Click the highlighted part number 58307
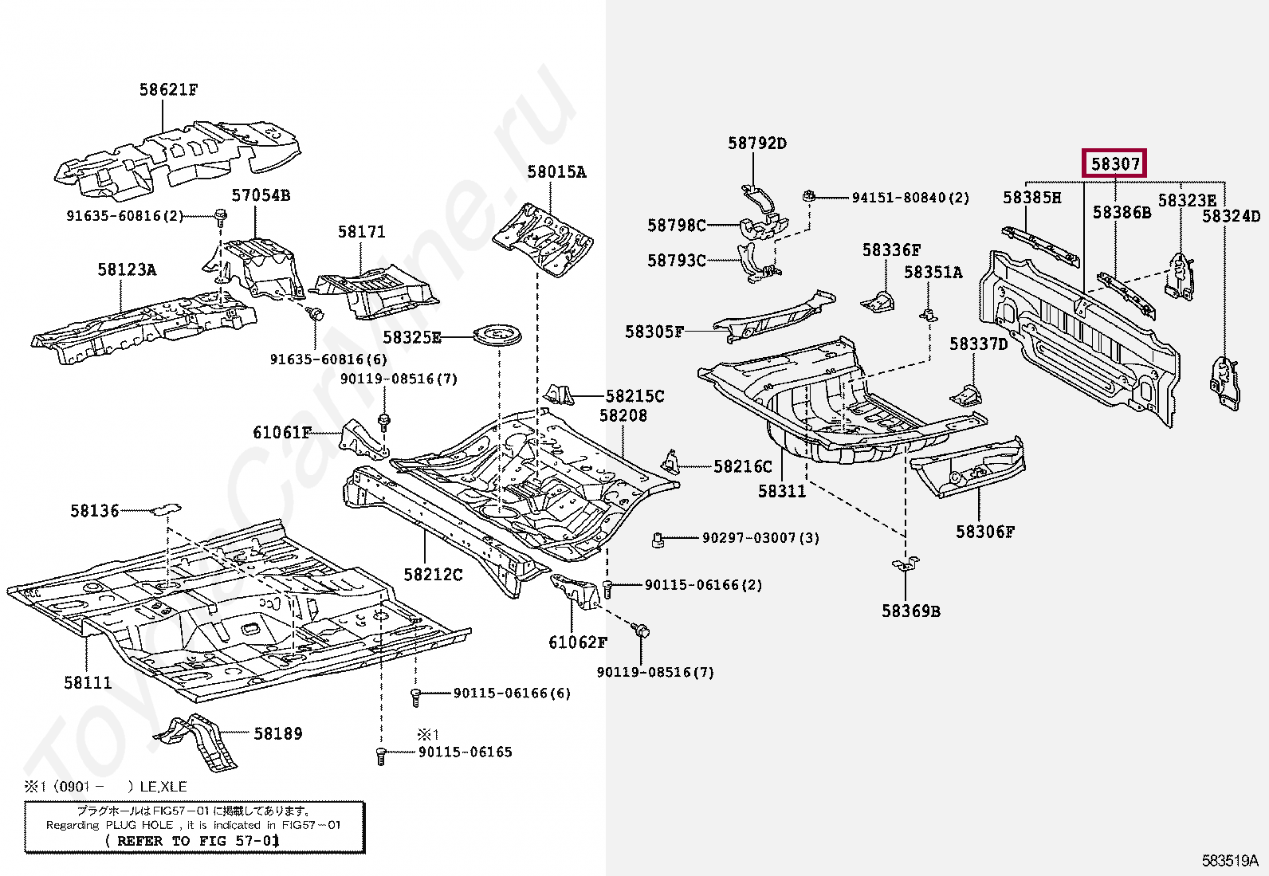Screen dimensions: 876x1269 click(x=1114, y=163)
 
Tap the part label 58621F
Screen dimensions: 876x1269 click(x=168, y=90)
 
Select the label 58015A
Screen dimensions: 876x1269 click(x=556, y=172)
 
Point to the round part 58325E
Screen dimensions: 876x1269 click(x=497, y=335)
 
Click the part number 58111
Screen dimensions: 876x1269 click(x=88, y=682)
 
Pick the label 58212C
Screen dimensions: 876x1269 click(x=433, y=575)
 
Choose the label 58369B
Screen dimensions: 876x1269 click(x=910, y=611)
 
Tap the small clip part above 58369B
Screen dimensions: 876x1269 click(x=906, y=565)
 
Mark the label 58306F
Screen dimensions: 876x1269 click(x=985, y=532)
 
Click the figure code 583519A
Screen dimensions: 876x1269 click(x=1230, y=860)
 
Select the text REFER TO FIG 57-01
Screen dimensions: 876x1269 click(x=192, y=840)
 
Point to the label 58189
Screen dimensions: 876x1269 click(x=277, y=733)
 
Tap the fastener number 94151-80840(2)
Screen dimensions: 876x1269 click(x=910, y=198)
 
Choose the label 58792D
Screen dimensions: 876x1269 click(x=756, y=143)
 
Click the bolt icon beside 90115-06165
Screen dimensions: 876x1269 click(x=381, y=755)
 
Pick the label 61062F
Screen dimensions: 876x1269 click(x=577, y=642)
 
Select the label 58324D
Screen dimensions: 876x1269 click(x=1231, y=216)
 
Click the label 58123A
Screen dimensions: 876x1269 click(x=127, y=270)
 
